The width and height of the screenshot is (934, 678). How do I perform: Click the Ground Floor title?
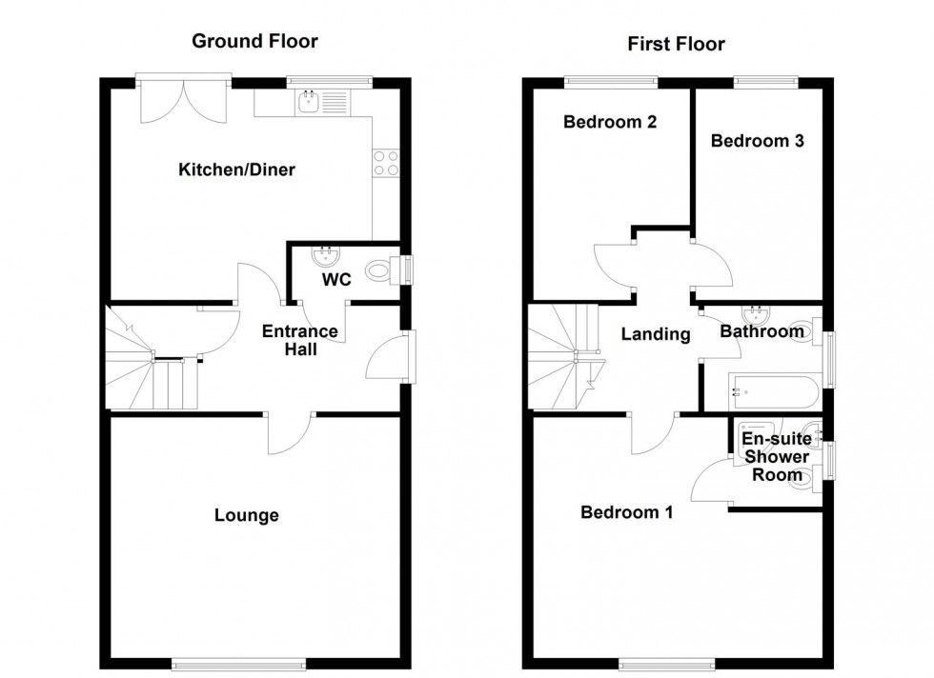coord(254,41)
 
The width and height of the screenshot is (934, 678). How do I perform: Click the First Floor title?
coord(676,44)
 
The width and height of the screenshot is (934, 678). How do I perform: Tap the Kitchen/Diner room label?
coord(236,170)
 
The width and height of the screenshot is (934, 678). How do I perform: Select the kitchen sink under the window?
coord(309,101)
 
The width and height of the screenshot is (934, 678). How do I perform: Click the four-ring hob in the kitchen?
coord(386,163)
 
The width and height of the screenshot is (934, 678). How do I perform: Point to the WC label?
coord(337,281)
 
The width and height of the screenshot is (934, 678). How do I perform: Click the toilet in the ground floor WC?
coord(381,271)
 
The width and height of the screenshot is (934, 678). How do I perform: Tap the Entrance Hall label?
coord(300,341)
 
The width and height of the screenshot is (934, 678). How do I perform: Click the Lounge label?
coord(246,515)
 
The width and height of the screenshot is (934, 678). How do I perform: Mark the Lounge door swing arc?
coord(288,434)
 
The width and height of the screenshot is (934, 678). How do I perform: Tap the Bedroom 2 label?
coord(610,122)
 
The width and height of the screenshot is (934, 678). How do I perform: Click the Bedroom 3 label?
coord(758,141)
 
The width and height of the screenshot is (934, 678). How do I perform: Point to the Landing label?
coord(656,334)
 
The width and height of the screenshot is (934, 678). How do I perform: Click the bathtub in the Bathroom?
coord(772,391)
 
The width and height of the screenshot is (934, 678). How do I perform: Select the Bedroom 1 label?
coord(627,512)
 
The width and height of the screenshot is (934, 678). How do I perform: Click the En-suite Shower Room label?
coord(777,457)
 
